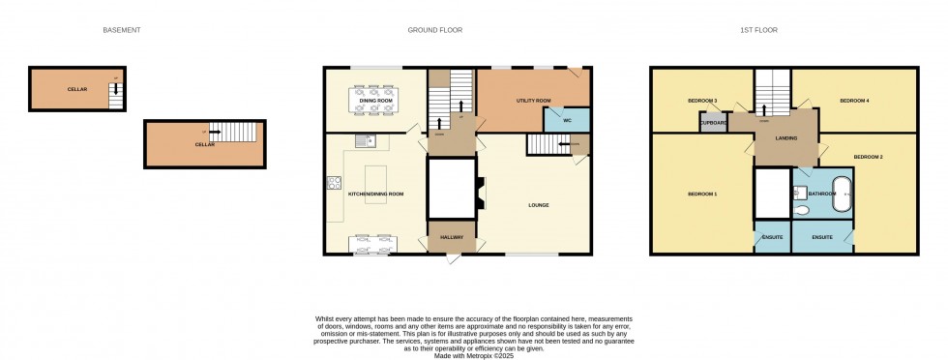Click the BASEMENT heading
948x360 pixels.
point(122,30)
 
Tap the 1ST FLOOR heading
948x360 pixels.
point(759,30)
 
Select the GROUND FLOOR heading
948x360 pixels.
point(434,30)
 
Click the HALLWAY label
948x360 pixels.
point(452,237)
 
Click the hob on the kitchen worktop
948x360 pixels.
point(334,181)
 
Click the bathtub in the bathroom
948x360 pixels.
point(843,195)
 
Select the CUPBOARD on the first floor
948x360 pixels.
point(714,123)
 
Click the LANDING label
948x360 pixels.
point(786,138)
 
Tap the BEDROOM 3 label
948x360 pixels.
point(702,101)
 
